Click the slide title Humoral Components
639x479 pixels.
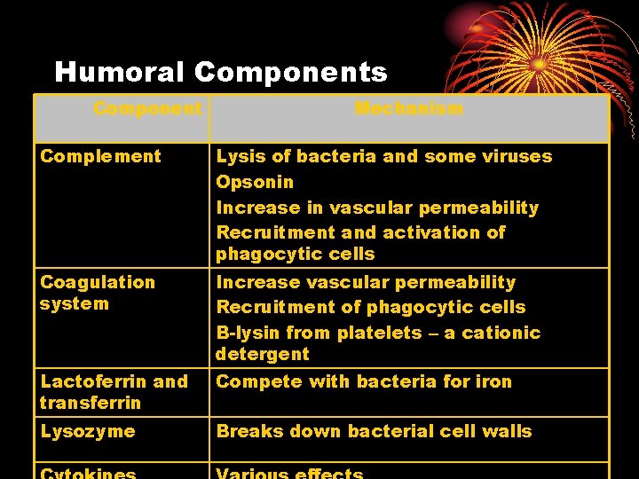(220, 72)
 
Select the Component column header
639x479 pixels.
(147, 109)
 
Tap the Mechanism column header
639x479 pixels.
(409, 109)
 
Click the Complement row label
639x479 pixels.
(100, 157)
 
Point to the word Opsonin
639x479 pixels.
(255, 183)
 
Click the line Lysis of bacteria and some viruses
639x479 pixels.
(383, 157)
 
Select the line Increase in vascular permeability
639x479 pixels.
(377, 208)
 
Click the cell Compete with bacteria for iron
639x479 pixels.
(364, 382)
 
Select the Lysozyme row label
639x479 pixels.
(87, 432)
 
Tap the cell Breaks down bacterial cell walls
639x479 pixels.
(374, 432)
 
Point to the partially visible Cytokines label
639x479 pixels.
(87, 473)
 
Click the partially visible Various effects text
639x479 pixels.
(289, 473)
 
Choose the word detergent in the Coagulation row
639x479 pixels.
(263, 354)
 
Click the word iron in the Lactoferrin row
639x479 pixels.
(494, 382)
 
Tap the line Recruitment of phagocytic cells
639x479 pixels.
(371, 308)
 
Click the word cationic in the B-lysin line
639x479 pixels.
(504, 333)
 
